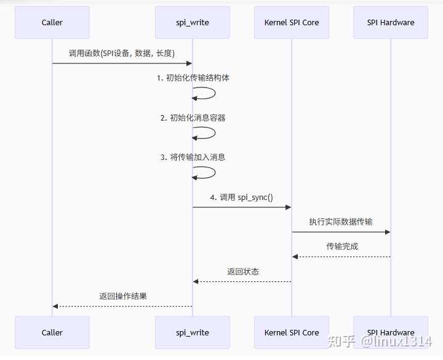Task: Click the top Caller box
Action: pyautogui.click(x=52, y=22)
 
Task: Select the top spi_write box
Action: pyautogui.click(x=192, y=22)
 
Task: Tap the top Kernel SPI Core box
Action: pyautogui.click(x=292, y=22)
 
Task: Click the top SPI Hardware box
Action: pyautogui.click(x=391, y=22)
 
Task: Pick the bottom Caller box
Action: pyautogui.click(x=52, y=332)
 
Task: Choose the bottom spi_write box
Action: pyautogui.click(x=192, y=332)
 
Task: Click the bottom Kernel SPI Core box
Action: pyautogui.click(x=292, y=332)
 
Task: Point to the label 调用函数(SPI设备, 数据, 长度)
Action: pyautogui.click(x=122, y=53)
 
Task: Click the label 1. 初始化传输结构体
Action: pyautogui.click(x=193, y=78)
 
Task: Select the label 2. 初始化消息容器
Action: pyautogui.click(x=193, y=118)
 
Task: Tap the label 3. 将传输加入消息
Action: pyautogui.click(x=193, y=157)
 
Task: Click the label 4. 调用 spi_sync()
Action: pyautogui.click(x=242, y=198)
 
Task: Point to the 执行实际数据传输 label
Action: pyautogui.click(x=341, y=222)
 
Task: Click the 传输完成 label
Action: pyautogui.click(x=342, y=246)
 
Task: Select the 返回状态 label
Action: pyautogui.click(x=242, y=271)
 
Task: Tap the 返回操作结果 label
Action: pyautogui.click(x=122, y=296)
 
